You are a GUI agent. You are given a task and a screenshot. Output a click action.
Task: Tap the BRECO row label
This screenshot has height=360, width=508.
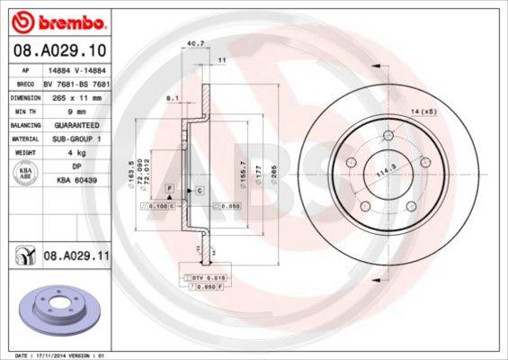[25, 83]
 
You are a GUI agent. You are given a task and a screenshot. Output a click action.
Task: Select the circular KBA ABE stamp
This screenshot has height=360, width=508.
[25, 175]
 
